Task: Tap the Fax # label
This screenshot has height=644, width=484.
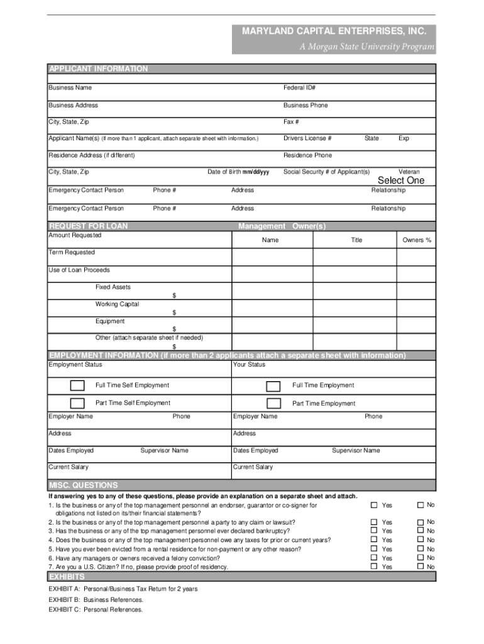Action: [x=291, y=122]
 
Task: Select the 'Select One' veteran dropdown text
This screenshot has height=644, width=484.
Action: [x=400, y=180]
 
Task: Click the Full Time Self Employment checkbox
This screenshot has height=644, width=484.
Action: [x=77, y=386]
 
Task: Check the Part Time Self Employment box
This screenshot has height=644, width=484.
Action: [x=77, y=403]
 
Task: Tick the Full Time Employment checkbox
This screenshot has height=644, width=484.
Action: [x=273, y=386]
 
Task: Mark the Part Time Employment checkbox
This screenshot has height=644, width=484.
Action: [x=273, y=403]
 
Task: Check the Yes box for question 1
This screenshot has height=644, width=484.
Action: [x=374, y=505]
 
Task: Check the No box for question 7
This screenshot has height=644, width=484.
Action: [x=421, y=567]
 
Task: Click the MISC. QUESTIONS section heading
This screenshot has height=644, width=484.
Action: [x=84, y=486]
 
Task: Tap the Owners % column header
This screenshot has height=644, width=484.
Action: [x=417, y=240]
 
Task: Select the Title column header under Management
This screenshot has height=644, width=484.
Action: [x=356, y=240]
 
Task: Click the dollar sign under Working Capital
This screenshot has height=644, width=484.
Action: [x=175, y=313]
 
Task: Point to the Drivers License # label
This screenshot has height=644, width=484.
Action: [x=307, y=138]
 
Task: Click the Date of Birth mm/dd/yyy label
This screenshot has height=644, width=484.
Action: [x=238, y=172]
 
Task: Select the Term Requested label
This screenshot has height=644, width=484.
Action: [x=72, y=252]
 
